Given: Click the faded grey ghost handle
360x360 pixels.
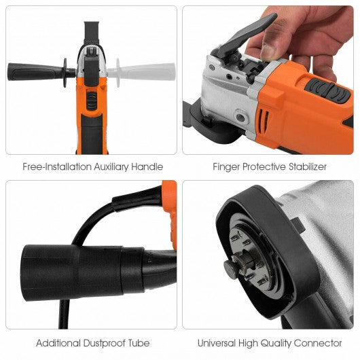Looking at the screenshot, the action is [141, 72].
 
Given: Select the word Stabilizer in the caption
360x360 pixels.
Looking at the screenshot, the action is [308, 166].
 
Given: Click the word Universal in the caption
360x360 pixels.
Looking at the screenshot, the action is [217, 343].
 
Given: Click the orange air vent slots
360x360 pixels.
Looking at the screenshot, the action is [264, 120].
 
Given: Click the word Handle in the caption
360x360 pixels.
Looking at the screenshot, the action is [147, 166].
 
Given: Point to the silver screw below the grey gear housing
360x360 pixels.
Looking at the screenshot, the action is [240, 118].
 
